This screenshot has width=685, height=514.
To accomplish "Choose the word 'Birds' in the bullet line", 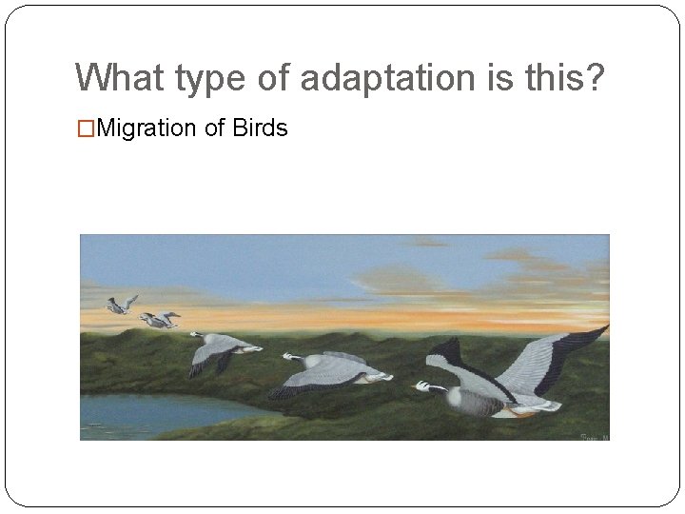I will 258,128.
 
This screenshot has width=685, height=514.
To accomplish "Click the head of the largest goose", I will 423,385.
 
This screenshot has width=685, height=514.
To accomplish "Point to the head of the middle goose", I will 288,358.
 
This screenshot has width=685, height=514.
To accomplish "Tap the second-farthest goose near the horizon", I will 159,320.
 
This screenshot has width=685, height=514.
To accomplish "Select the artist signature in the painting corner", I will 594,436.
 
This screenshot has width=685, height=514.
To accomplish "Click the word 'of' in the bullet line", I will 214,128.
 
